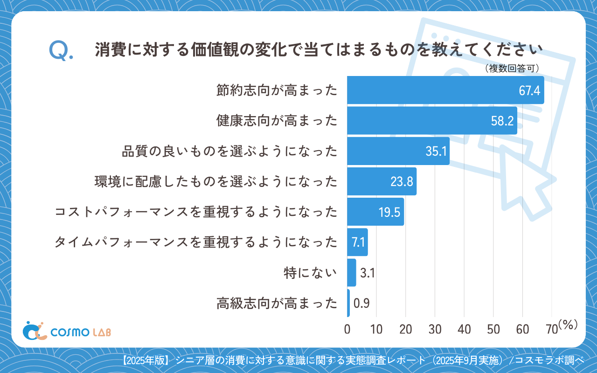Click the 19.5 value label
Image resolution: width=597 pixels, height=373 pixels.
389,212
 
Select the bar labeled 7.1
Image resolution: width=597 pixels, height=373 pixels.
357,242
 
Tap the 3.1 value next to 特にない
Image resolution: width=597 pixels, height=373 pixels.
368,273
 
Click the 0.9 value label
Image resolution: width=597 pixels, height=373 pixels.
361,304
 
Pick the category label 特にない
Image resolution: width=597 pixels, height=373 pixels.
310,273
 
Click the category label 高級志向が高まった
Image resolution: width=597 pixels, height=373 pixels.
277,304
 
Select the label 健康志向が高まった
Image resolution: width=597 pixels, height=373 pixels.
277,121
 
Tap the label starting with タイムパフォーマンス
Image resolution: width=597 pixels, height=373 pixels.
196,242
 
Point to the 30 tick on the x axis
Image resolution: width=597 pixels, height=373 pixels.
435,329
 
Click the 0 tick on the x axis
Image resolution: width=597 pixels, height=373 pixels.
347,329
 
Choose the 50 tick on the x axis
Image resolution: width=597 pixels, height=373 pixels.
493,329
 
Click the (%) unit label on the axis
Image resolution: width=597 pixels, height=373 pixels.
568,325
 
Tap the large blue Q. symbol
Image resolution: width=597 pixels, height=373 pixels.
61,51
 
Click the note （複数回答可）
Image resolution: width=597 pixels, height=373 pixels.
512,69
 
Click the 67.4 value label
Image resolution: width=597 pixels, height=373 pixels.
529,90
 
